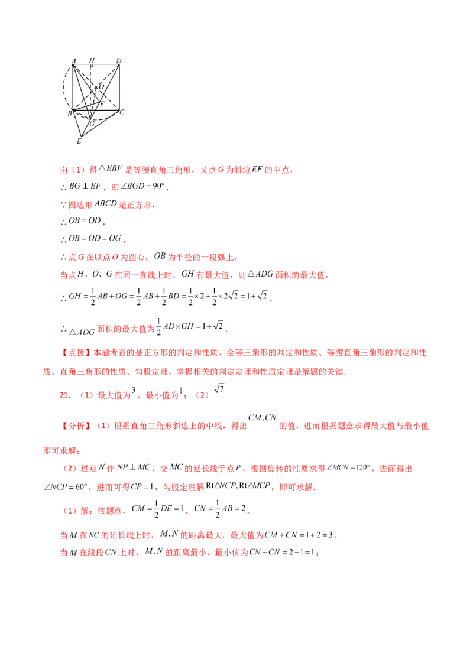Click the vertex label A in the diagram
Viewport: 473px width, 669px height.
pos(74,61)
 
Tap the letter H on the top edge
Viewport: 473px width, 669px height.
pos(92,60)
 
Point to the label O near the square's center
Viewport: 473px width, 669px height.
pos(101,87)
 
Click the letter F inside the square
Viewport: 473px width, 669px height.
pos(102,104)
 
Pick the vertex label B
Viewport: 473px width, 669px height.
pos(70,113)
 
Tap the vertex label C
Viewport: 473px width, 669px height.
pos(122,112)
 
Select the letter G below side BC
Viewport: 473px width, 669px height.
pos(92,124)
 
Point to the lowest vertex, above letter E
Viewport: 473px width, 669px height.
pos(81,136)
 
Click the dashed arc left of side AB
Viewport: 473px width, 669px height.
pos(63,87)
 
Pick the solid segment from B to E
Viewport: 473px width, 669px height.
pos(77,123)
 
